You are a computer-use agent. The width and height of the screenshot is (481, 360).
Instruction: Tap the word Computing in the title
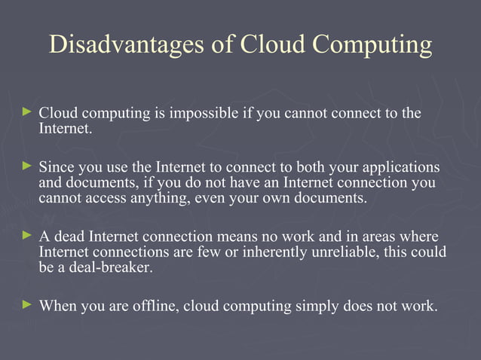pyautogui.click(x=374, y=45)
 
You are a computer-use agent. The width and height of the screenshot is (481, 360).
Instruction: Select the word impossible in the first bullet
pyautogui.click(x=204, y=114)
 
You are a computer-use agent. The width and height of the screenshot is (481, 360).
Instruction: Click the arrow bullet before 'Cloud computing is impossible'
pyautogui.click(x=28, y=112)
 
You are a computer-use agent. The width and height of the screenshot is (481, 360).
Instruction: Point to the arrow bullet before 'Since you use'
pyautogui.click(x=28, y=165)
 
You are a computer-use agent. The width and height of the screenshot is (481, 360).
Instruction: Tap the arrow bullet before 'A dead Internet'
pyautogui.click(x=28, y=234)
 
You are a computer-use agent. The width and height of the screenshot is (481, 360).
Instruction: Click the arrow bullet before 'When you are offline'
pyautogui.click(x=28, y=305)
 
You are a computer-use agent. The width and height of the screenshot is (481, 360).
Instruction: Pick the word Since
pyautogui.click(x=54, y=166)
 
